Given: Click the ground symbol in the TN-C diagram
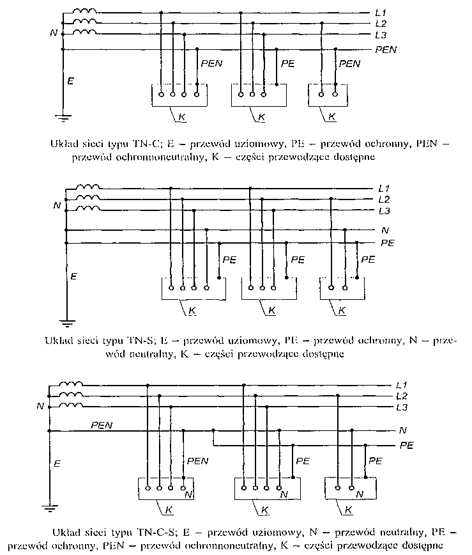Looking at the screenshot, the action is pyautogui.click(x=63, y=118).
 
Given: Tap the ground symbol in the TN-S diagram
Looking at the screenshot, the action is pyautogui.click(x=67, y=323).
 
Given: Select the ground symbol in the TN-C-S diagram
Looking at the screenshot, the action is pyautogui.click(x=49, y=509).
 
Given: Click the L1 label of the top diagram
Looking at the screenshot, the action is pyautogui.click(x=381, y=13).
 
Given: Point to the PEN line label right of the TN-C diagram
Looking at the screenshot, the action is pyautogui.click(x=386, y=50).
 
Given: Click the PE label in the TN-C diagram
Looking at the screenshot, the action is pyautogui.click(x=287, y=64).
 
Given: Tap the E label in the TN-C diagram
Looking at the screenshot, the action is pyautogui.click(x=71, y=81).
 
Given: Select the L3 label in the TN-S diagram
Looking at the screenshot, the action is pyautogui.click(x=384, y=211).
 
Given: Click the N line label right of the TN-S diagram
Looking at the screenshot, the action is pyautogui.click(x=385, y=230).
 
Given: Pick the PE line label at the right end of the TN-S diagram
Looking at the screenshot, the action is pyautogui.click(x=388, y=243).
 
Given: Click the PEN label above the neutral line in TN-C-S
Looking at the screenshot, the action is pyautogui.click(x=102, y=425).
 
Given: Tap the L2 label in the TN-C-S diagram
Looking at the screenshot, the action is pyautogui.click(x=402, y=396).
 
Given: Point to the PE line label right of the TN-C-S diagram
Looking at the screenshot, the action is pyautogui.click(x=407, y=445).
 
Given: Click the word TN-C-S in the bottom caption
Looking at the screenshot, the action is pyautogui.click(x=155, y=533).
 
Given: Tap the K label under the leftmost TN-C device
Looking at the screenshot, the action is pyautogui.click(x=182, y=117).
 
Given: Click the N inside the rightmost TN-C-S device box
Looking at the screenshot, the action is pyautogui.click(x=360, y=494).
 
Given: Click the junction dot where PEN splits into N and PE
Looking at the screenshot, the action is pyautogui.click(x=213, y=430).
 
